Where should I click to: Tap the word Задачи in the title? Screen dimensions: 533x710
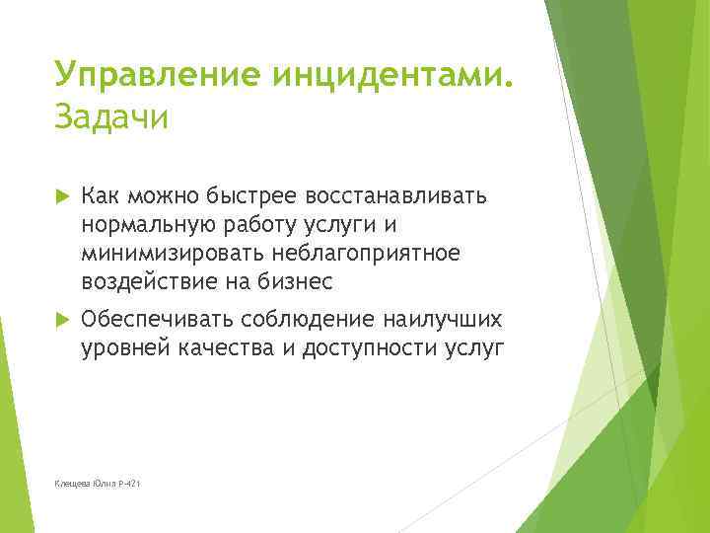(x=112, y=117)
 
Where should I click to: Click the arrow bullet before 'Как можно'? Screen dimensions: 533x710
(x=64, y=194)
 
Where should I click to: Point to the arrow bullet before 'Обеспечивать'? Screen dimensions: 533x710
(x=64, y=320)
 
